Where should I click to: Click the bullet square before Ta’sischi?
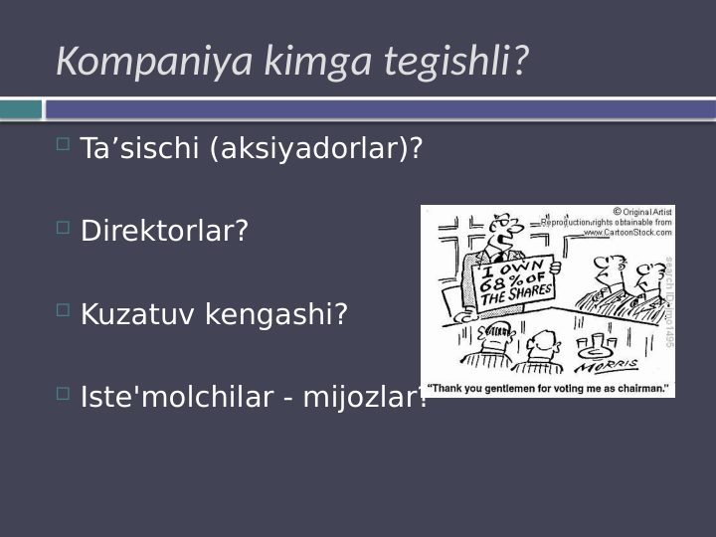[x=63, y=145]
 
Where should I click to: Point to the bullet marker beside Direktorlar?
[x=63, y=228]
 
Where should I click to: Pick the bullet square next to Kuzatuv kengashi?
[x=63, y=310]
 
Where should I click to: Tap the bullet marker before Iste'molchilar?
[x=63, y=394]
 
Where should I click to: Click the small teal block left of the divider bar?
[x=21, y=109]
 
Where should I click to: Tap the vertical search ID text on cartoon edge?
[x=669, y=298]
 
